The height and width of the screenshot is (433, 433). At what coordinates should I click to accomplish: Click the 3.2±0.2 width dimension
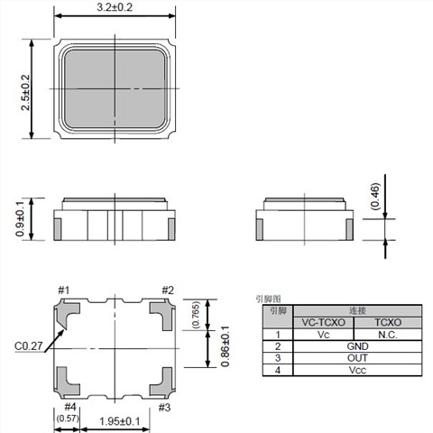pos(115,7)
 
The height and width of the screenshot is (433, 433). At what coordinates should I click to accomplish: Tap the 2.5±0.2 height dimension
pos(25,92)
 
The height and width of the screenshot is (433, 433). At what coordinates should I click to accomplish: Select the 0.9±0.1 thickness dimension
pos(20,219)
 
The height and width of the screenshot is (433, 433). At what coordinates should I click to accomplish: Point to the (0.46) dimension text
pos(375,196)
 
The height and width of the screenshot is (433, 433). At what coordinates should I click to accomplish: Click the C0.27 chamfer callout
pos(29,346)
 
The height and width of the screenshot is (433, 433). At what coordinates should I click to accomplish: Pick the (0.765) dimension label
pos(196,315)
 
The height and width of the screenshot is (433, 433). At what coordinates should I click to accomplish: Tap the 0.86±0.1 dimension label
pos(226,346)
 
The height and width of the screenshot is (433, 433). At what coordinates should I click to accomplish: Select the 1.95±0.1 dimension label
pos(120,421)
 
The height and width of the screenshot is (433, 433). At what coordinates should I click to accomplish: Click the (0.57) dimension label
pos(68,419)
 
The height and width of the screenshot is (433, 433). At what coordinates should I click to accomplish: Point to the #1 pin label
pos(64,290)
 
